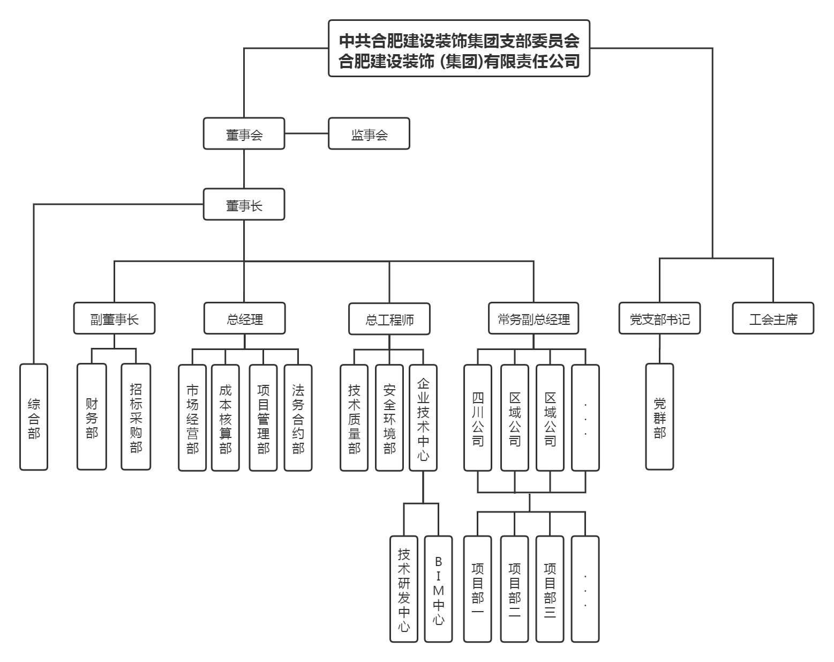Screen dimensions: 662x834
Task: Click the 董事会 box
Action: point(244,134)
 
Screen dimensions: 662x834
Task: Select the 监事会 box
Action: point(369,134)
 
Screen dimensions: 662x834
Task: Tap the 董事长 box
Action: point(244,205)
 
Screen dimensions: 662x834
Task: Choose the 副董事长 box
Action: point(114,319)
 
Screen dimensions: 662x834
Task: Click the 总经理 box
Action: point(244,319)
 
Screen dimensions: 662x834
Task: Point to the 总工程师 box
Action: point(389,319)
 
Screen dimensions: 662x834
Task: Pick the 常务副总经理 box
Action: point(534,319)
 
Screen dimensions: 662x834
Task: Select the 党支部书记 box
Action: point(659,319)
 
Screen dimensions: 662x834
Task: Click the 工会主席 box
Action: point(773,319)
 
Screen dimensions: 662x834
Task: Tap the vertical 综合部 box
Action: point(34,417)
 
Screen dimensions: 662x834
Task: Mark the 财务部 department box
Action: point(92,417)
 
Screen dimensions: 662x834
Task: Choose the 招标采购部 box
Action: point(136,417)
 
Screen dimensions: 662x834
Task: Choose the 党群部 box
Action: point(659,417)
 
